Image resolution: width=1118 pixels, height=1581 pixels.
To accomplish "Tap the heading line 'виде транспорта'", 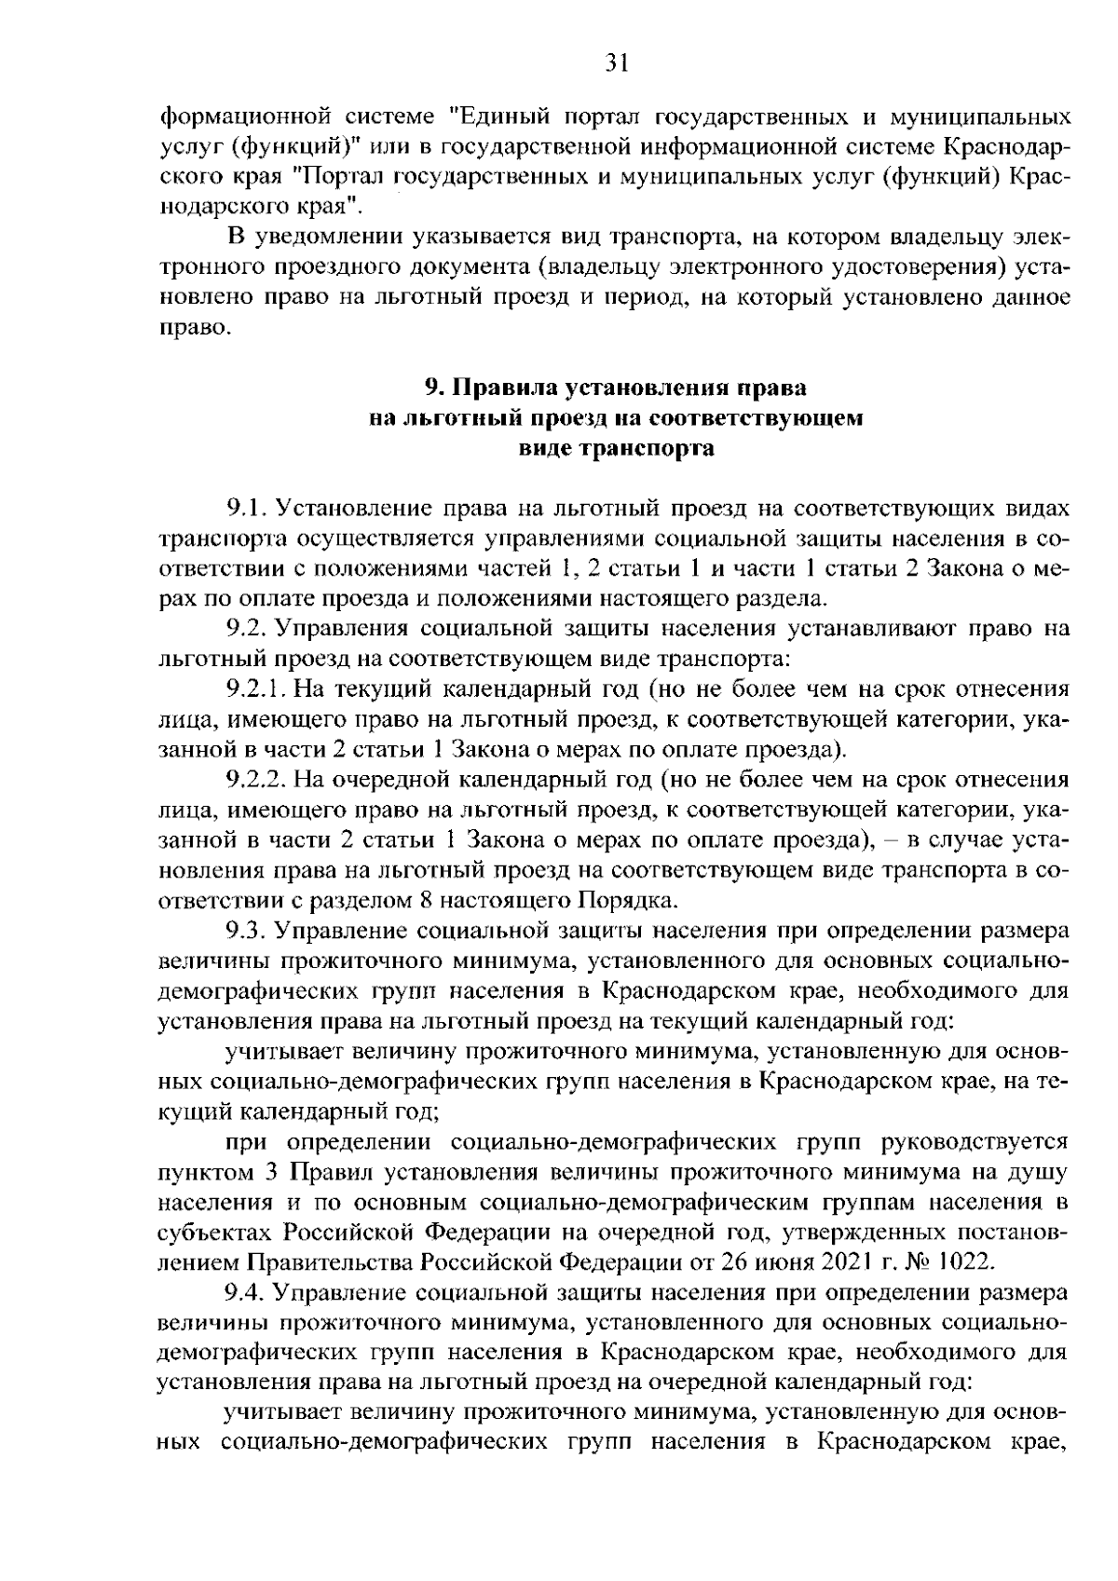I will [617, 448].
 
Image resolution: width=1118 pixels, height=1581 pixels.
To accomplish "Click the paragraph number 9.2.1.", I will [255, 689].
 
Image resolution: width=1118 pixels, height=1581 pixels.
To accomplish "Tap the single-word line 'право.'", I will [193, 328].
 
